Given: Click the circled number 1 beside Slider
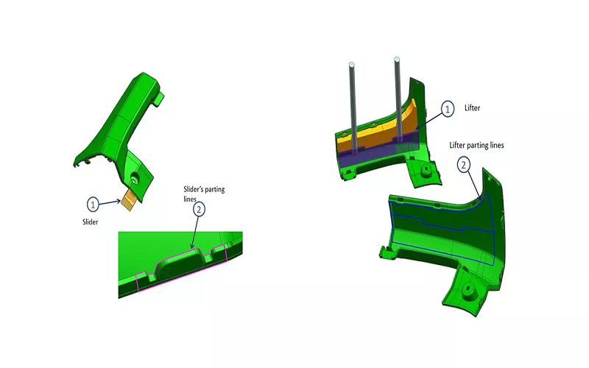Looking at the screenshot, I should [93, 202].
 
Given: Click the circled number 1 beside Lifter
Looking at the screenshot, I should [448, 109].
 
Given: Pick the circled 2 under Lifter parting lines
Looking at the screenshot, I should [464, 164].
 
